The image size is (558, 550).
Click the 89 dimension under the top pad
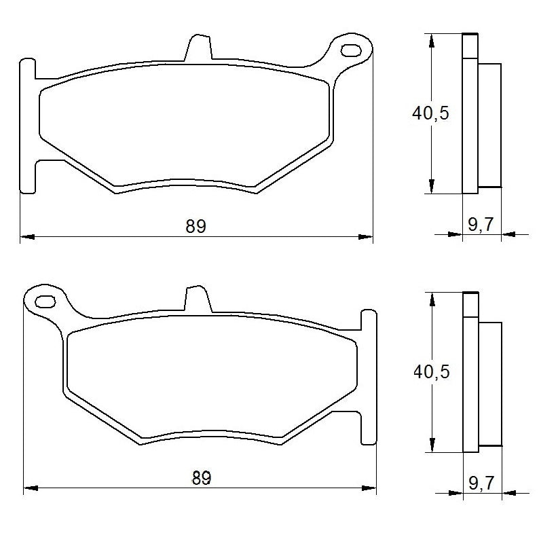click(x=196, y=226)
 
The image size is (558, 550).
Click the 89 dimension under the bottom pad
click(x=201, y=478)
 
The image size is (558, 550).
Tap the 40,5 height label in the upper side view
click(x=430, y=113)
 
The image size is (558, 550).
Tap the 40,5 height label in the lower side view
click(x=432, y=371)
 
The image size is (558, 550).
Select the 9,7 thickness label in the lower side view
click(x=481, y=483)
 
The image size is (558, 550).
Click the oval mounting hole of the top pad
click(x=352, y=50)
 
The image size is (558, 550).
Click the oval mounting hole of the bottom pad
click(x=45, y=301)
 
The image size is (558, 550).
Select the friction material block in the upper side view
click(x=490, y=124)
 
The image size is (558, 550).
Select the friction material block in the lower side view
click(x=490, y=383)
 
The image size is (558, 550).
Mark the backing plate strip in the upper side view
click(x=470, y=114)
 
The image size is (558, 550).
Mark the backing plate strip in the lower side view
click(x=470, y=372)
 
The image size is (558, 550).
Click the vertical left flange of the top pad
click(x=27, y=126)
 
